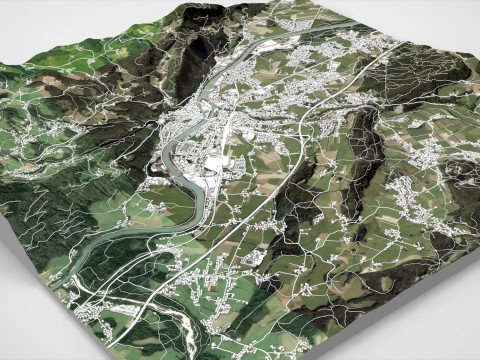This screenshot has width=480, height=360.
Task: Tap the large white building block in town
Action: point(215,161)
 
